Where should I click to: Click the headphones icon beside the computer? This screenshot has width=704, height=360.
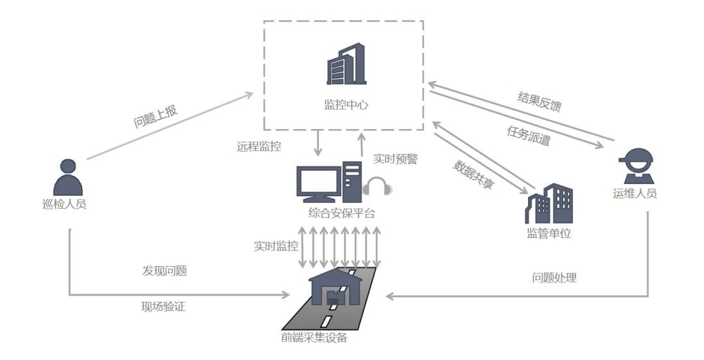click(377, 187)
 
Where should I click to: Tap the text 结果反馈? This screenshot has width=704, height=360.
click(539, 102)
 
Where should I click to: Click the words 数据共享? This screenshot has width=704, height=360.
click(473, 174)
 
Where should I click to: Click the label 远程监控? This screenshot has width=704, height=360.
click(259, 147)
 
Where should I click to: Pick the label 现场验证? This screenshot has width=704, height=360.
click(163, 307)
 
